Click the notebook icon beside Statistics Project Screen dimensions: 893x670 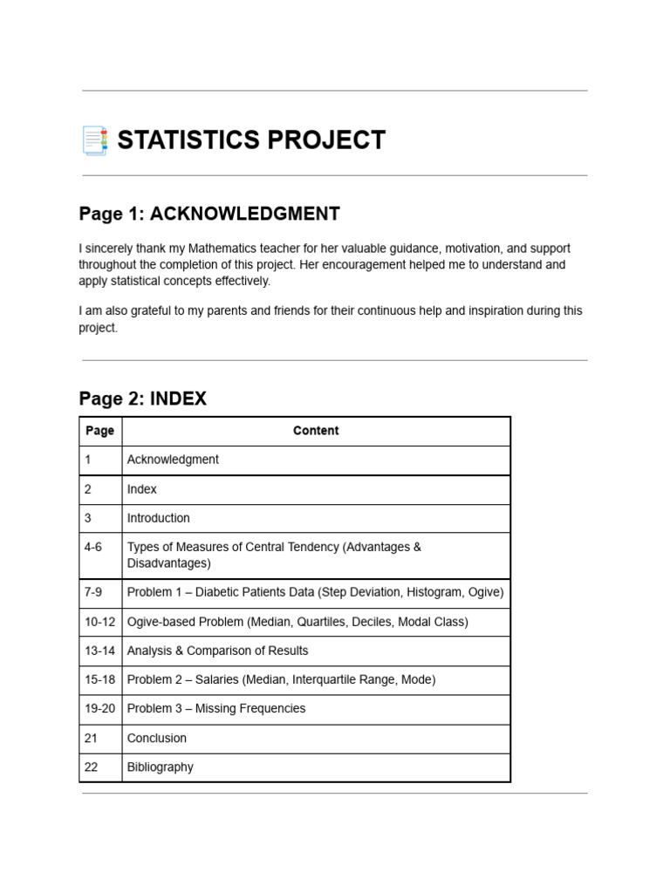94,140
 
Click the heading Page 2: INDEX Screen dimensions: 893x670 143,399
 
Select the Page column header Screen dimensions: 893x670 99,431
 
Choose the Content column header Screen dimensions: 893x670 316,431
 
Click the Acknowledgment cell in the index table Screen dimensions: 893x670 173,460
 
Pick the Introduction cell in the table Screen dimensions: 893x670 158,518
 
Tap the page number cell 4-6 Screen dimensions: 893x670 93,547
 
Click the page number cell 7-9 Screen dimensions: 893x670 93,592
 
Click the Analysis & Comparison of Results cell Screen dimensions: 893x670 217,651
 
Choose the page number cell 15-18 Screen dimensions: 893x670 99,679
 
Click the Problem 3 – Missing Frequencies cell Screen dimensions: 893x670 216,708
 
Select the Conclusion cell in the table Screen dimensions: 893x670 157,738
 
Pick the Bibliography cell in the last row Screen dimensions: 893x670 160,767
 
